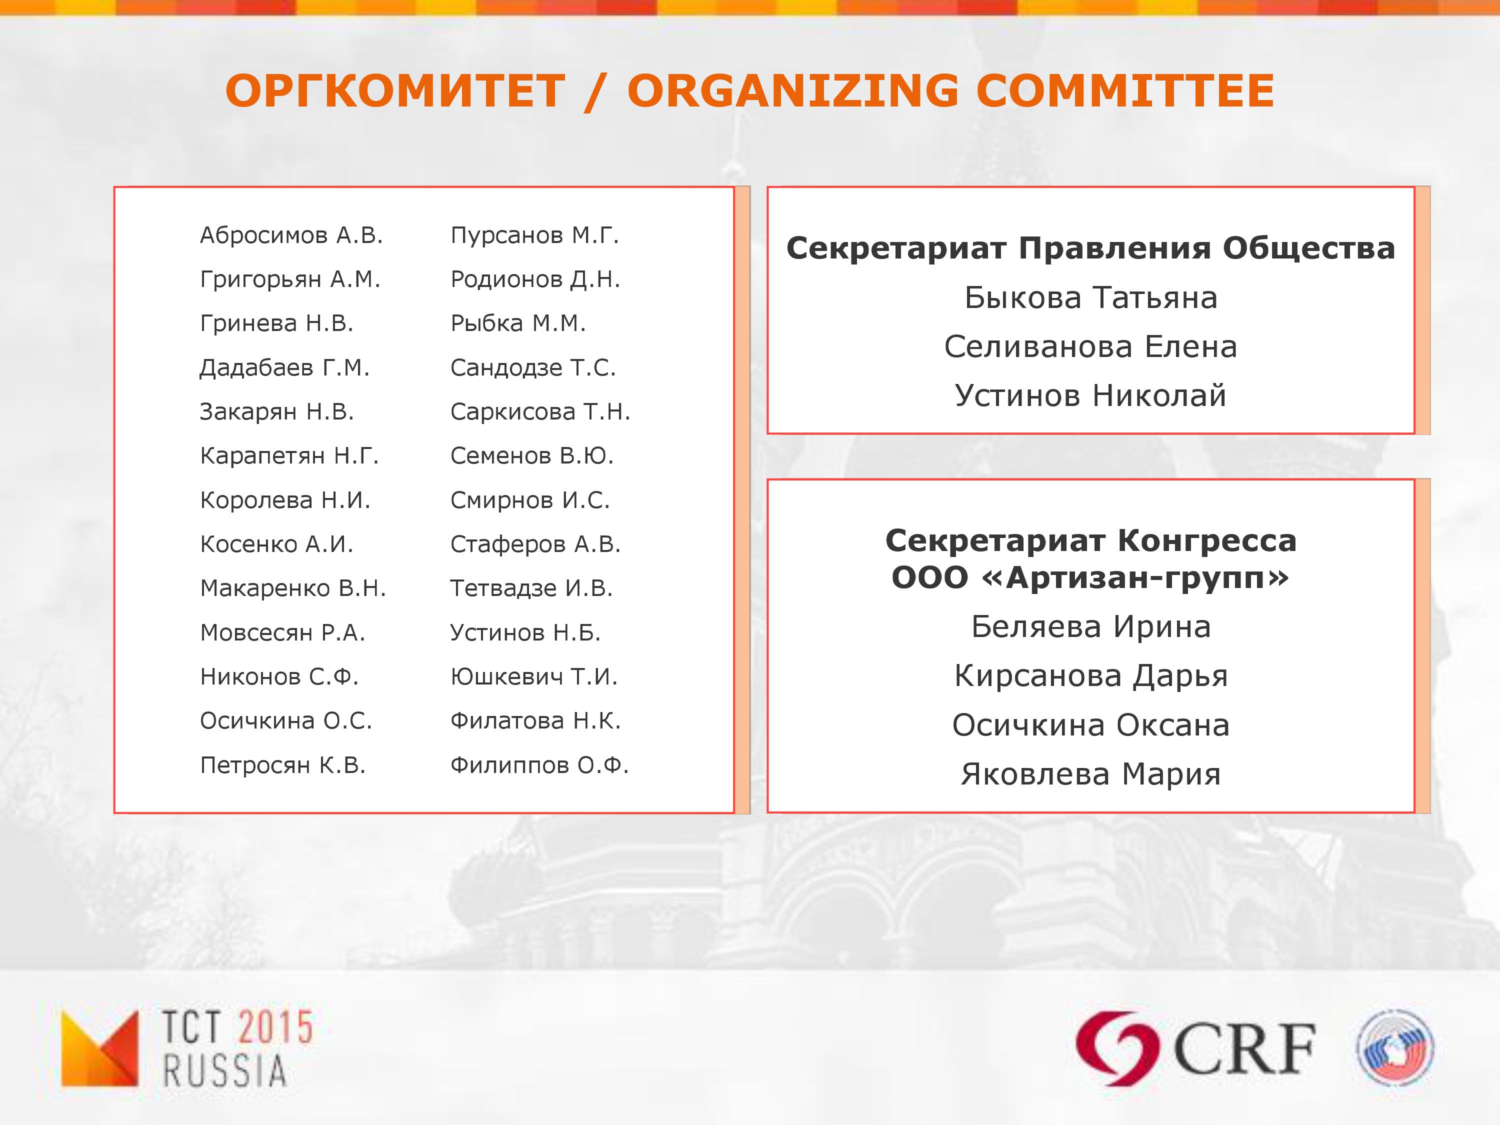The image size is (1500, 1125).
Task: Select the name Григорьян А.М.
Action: click(290, 279)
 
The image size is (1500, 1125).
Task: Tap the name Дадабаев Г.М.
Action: click(285, 367)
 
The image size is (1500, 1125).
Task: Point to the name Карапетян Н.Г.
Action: click(289, 455)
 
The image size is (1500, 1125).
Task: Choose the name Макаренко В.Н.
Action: click(293, 588)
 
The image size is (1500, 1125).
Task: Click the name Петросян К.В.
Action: click(283, 765)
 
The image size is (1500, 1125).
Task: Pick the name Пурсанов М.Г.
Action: click(535, 235)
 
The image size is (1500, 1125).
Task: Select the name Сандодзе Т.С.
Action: click(533, 367)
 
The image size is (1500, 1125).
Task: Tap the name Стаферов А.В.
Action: click(535, 544)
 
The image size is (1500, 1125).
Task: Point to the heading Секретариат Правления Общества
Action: click(1091, 248)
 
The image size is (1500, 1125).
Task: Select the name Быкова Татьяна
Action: click(1091, 297)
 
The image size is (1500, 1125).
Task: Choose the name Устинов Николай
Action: click(1091, 395)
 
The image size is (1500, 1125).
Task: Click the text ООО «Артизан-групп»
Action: click(1091, 578)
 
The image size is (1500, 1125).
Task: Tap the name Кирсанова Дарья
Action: click(1091, 676)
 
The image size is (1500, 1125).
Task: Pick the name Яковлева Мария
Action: click(1091, 774)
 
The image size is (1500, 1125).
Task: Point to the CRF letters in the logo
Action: click(1243, 1049)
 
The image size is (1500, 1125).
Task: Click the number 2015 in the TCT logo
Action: click(276, 1026)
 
